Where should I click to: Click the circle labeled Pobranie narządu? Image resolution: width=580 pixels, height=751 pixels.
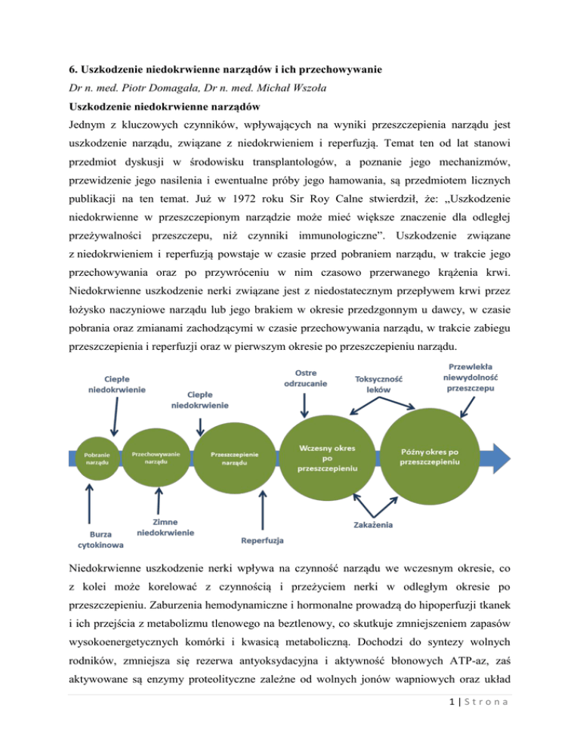coord(91,458)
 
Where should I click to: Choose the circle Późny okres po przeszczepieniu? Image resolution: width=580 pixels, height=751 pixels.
coord(429,457)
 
